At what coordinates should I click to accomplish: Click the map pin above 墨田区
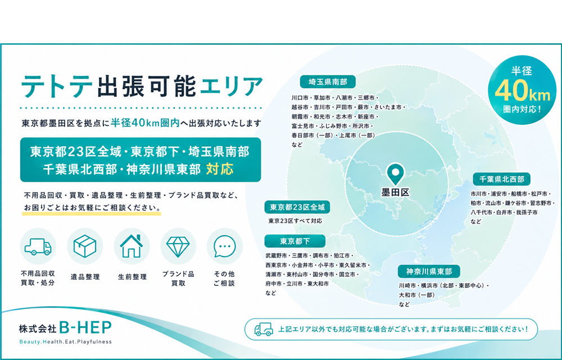(x=395, y=174)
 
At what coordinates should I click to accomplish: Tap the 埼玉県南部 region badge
(x=328, y=82)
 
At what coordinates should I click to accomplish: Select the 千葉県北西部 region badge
(x=501, y=179)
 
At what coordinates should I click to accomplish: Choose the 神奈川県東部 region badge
(x=429, y=272)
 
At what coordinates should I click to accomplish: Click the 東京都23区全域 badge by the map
(x=297, y=207)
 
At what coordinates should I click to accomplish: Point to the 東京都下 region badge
(x=295, y=241)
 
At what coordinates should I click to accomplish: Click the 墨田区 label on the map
(x=395, y=192)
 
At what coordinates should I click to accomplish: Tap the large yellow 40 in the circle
(x=510, y=91)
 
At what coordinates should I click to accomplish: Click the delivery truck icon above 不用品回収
(x=38, y=247)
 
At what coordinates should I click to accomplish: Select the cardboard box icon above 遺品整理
(x=85, y=246)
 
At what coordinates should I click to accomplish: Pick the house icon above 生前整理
(x=132, y=246)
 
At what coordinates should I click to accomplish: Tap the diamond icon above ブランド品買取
(x=178, y=246)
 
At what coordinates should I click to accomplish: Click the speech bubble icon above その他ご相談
(x=225, y=246)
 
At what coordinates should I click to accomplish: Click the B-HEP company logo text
(x=85, y=327)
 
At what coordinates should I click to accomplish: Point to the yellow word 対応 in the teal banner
(x=220, y=169)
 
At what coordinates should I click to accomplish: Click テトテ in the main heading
(x=57, y=86)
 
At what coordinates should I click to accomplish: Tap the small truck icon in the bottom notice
(x=264, y=329)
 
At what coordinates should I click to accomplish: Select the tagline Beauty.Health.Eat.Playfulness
(x=66, y=341)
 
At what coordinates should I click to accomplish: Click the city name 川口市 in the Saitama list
(x=300, y=97)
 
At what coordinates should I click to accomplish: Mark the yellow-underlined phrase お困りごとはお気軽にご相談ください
(x=92, y=208)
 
